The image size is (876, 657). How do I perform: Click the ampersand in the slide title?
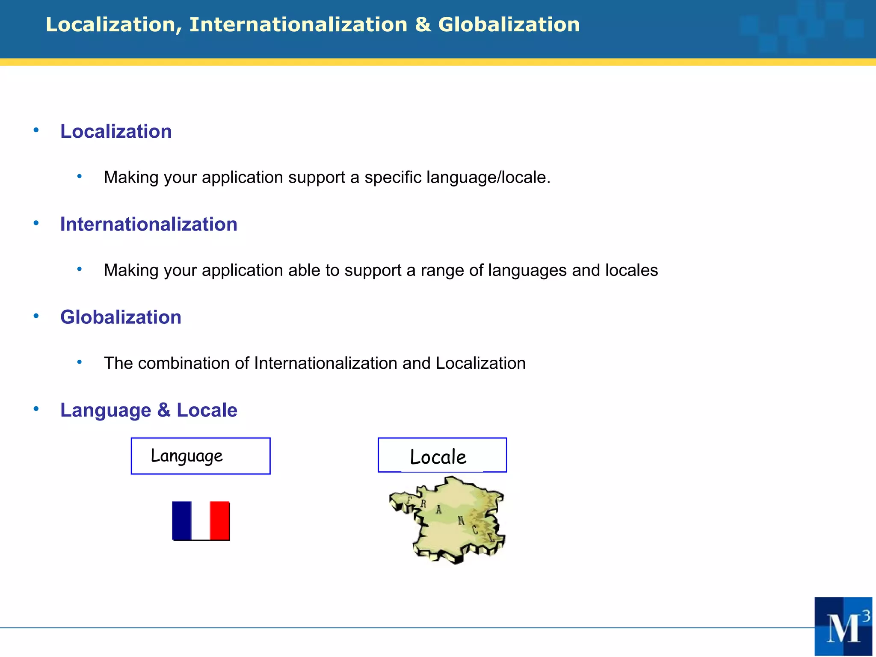423,25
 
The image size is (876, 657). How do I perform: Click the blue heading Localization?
116,131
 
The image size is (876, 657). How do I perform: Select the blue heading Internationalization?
148,224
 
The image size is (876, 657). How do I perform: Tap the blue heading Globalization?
121,317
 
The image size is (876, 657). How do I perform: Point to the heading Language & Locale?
148,410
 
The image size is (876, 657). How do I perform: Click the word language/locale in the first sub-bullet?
488,177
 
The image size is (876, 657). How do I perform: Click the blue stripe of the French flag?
182,520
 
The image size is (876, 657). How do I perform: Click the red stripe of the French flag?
220,520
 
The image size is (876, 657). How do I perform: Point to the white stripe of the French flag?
201,520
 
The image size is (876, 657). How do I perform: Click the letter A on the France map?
438,510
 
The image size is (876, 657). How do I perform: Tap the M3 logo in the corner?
843,626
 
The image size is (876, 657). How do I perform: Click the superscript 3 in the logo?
866,616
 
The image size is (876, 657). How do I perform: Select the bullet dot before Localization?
36,130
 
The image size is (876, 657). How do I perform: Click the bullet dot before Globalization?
36,316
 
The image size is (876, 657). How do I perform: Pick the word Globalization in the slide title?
509,25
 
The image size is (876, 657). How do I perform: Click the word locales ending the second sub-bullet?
631,270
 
